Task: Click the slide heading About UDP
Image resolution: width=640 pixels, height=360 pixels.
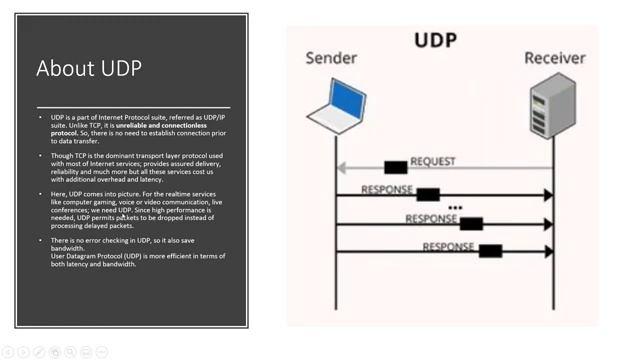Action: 89,68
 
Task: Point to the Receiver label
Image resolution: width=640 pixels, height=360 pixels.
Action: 554,58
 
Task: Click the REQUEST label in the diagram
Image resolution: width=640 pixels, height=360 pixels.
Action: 433,161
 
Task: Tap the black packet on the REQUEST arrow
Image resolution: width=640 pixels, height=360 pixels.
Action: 395,167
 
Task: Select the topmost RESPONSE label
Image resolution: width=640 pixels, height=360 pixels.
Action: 387,189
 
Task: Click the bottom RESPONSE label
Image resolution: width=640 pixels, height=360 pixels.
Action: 449,246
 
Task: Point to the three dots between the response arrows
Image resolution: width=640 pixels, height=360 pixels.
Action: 455,208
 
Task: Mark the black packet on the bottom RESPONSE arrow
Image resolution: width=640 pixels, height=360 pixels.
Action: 490,251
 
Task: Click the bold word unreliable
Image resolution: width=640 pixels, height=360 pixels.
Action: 138,125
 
